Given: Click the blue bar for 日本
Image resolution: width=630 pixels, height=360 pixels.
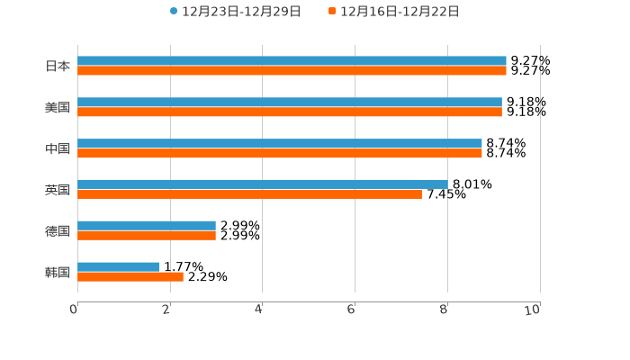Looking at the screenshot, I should click(x=292, y=61).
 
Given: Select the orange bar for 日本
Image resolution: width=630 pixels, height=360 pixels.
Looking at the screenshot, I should click(x=292, y=70).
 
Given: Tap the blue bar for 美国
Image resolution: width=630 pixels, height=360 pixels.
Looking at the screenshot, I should click(x=290, y=103).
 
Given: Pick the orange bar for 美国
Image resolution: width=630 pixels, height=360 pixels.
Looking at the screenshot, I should click(x=290, y=112).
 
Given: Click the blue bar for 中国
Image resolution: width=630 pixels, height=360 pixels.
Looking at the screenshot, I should click(x=280, y=144).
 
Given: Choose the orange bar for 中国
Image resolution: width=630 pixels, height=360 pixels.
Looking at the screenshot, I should click(x=280, y=153).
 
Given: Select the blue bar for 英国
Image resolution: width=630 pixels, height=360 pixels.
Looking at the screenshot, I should click(x=263, y=184).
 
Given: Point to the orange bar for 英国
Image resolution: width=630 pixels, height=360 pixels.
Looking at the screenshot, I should click(x=249, y=193).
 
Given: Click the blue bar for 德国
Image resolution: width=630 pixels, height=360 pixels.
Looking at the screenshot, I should click(x=147, y=226).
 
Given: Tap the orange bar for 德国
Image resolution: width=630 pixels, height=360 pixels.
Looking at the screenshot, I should click(x=147, y=235).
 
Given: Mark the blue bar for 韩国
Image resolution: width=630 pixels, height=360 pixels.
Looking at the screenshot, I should click(x=118, y=267).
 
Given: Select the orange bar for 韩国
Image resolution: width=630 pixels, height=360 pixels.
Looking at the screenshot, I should click(x=130, y=276).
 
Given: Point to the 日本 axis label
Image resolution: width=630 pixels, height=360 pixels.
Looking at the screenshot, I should click(x=58, y=66).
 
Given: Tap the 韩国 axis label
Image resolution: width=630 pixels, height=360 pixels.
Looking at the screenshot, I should click(x=58, y=272).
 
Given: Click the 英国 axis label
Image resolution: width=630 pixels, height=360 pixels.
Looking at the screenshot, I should click(x=58, y=190).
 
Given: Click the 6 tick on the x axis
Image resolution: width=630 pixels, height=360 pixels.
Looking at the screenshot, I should click(x=352, y=310).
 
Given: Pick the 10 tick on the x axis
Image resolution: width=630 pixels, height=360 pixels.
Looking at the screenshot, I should click(x=533, y=310).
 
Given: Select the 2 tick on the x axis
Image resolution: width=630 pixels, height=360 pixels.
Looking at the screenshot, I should click(x=166, y=310).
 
